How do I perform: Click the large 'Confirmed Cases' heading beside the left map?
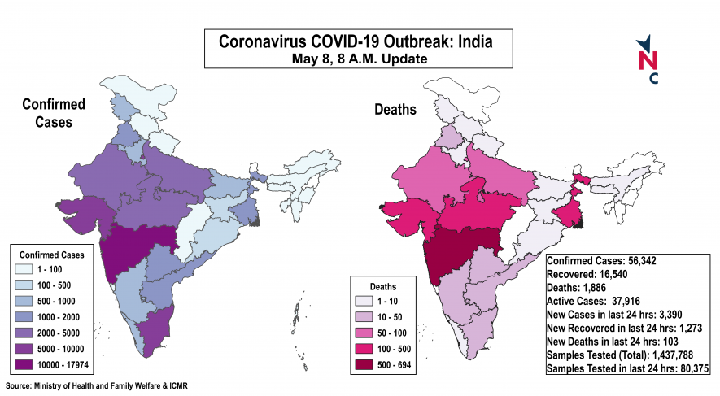(x=49, y=114)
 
